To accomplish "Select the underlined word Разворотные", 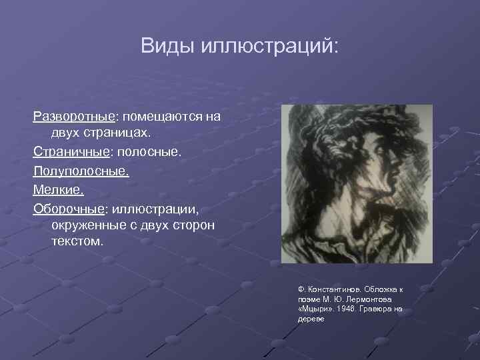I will coord(74,116).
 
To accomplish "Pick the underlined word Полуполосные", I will coord(80,171).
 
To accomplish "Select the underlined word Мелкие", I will coord(57,189).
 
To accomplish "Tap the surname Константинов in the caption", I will coord(329,290).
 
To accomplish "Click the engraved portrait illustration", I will coord(356,183).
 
